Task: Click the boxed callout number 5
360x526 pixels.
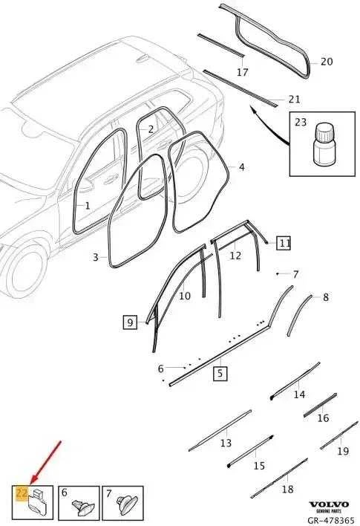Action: coord(220,374)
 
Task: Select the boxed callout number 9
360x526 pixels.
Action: coord(130,322)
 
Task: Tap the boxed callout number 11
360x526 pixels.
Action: coord(284,243)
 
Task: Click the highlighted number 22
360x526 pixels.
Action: coord(22,493)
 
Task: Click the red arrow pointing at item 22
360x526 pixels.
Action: coord(45,463)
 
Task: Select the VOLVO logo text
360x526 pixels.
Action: coord(329,504)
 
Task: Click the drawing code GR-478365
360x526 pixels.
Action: coord(330,520)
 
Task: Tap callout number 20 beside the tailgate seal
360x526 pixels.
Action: coord(327,62)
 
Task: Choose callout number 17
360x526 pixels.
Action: coord(242,72)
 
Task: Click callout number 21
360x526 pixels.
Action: coord(294,100)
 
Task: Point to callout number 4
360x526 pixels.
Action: coord(242,167)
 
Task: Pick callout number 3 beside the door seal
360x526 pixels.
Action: coord(96,257)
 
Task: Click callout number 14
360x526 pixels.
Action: coord(299,394)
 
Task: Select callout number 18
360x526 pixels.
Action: coord(287,489)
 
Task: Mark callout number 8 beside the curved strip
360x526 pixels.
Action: coord(325,297)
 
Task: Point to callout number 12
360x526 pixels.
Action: coord(235,256)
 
